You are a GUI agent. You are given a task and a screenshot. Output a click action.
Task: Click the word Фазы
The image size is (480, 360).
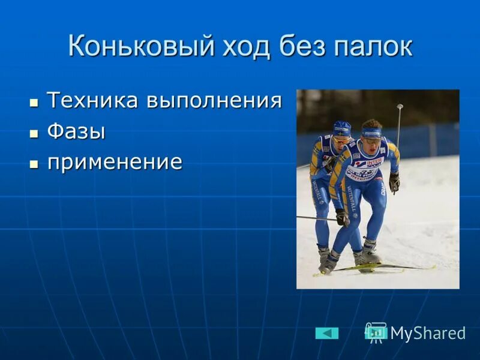pyautogui.click(x=76, y=131)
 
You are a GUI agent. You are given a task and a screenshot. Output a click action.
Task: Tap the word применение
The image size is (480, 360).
pyautogui.click(x=114, y=163)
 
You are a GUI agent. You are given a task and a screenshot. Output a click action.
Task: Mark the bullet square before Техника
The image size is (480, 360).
pyautogui.click(x=34, y=101)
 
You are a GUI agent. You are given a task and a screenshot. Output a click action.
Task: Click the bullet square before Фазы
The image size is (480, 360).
pyautogui.click(x=34, y=133)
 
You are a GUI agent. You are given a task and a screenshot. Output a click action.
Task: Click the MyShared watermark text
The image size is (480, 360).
pyautogui.click(x=428, y=334)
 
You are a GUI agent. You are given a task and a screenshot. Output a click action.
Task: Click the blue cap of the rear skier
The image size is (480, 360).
pyautogui.click(x=342, y=128)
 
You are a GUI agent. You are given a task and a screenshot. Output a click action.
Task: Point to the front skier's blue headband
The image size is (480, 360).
pyautogui.click(x=371, y=133)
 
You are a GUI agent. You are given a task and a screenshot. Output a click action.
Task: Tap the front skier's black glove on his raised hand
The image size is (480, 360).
pyautogui.click(x=394, y=182)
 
